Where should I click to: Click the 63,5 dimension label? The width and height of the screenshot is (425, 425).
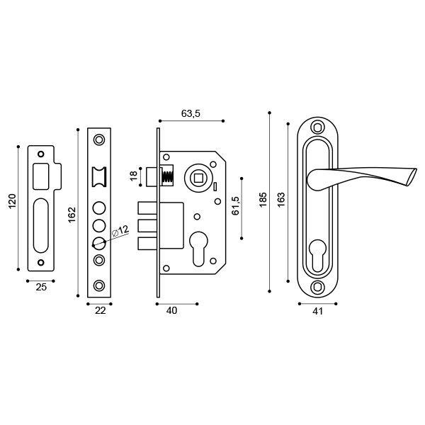pos(191,113)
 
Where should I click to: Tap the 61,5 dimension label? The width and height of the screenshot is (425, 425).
pos(236,205)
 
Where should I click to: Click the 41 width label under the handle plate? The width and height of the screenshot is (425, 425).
pos(317,311)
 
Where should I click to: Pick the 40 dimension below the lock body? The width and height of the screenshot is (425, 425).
pos(171,311)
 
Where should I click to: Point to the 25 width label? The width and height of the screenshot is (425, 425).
pos(41,287)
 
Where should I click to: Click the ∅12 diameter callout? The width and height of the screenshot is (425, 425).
pos(120,231)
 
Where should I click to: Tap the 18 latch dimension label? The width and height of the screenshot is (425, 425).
pos(134,176)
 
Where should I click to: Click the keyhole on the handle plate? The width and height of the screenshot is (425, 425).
pos(317,255)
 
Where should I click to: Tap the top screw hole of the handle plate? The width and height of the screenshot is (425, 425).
pos(317,128)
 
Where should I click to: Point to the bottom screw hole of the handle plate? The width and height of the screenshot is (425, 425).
pos(317,287)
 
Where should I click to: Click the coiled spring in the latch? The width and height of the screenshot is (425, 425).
pos(168,176)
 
